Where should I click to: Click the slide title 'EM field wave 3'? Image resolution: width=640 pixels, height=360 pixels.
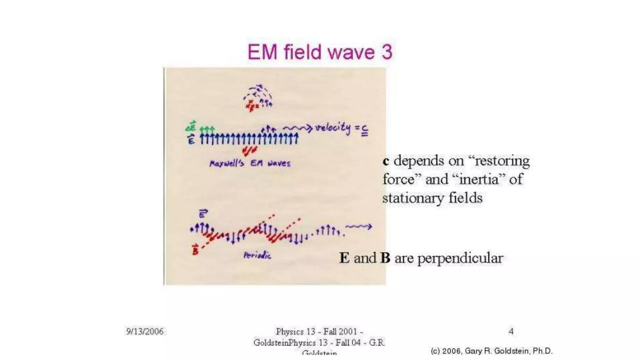[320, 52]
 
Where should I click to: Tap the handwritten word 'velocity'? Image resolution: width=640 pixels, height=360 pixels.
[333, 128]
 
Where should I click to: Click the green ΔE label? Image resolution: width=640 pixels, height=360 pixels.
[191, 126]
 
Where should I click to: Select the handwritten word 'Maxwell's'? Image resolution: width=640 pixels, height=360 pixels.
[227, 163]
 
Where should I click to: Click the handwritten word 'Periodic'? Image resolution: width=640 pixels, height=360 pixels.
[257, 255]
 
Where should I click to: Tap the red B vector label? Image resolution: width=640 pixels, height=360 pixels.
[195, 250]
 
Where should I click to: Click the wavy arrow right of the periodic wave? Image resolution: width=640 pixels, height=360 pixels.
[358, 227]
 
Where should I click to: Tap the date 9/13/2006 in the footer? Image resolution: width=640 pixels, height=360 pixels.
[145, 331]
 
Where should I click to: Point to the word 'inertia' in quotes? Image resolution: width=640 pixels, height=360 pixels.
[479, 179]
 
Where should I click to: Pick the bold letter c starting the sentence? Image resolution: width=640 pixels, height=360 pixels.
[386, 161]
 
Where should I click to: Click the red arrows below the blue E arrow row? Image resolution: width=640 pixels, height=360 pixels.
[250, 151]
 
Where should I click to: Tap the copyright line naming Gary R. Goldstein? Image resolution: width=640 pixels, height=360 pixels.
[492, 351]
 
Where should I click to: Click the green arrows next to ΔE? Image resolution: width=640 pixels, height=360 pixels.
[207, 129]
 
